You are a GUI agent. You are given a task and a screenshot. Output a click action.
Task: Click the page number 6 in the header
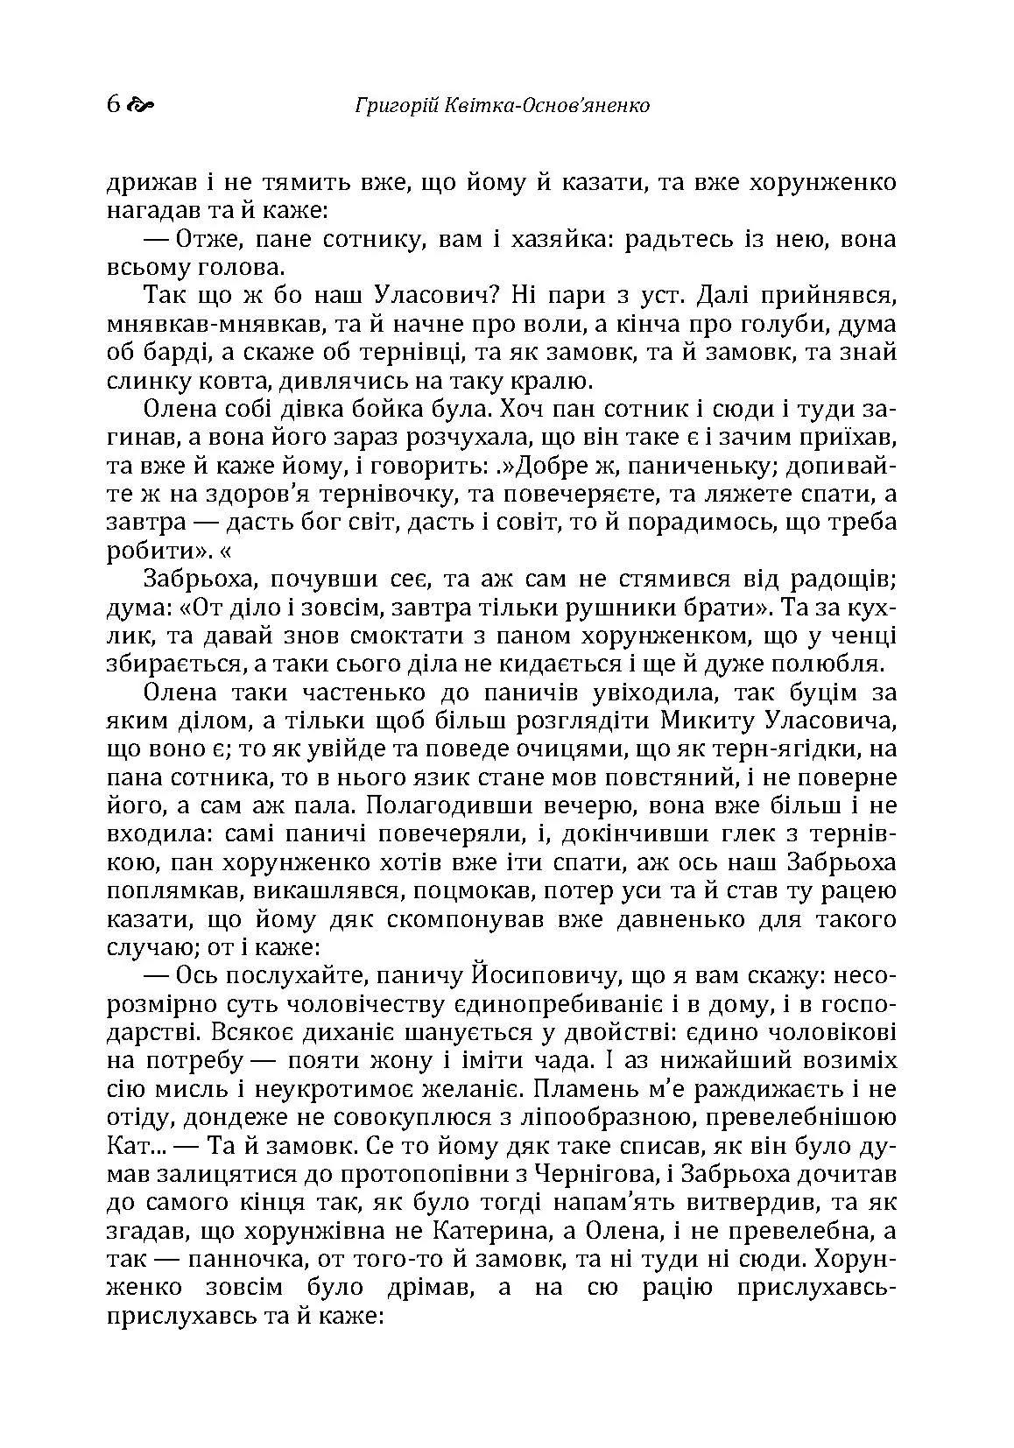point(112,106)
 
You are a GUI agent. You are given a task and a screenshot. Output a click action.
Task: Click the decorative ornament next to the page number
point(140,107)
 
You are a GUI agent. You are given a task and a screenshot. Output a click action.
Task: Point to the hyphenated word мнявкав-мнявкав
point(207,325)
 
